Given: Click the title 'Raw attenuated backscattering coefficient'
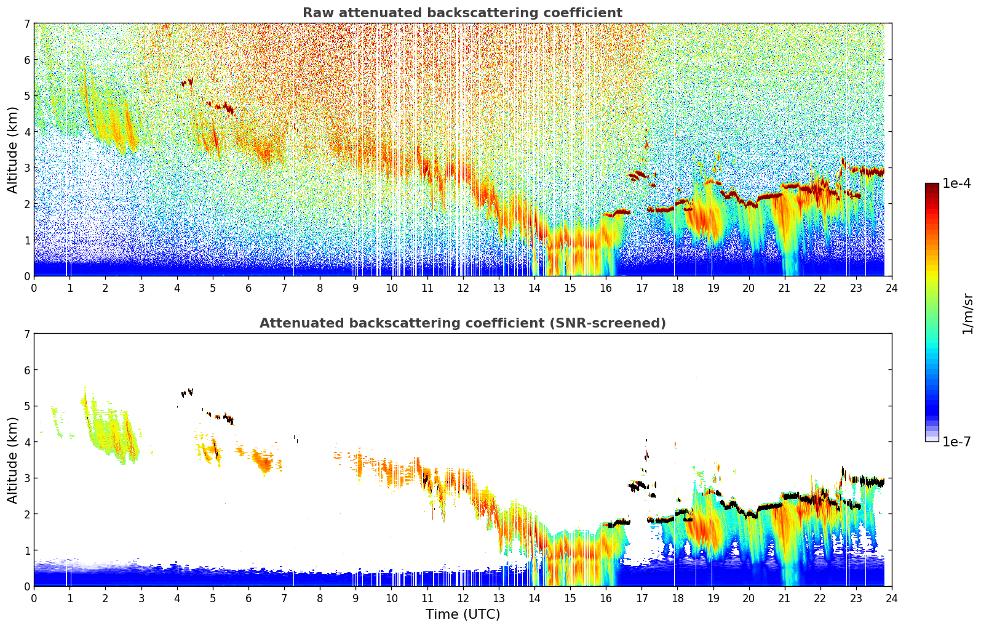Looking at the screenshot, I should click(462, 13).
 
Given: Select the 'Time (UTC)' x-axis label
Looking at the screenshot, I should click(463, 614).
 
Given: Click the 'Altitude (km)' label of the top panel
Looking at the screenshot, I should click(12, 150).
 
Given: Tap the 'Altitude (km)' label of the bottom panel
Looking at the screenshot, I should click(12, 460).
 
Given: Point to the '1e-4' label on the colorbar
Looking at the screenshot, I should click(956, 183).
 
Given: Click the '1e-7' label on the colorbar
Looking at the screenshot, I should click(956, 441).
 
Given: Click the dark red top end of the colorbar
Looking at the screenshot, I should click(932, 187).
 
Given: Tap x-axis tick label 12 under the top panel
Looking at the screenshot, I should click(463, 288).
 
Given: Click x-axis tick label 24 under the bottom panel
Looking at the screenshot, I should click(891, 598).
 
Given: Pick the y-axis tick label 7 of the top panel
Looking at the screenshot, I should click(26, 24).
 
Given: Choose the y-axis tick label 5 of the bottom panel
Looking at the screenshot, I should click(26, 406).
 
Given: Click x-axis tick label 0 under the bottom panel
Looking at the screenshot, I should click(34, 598).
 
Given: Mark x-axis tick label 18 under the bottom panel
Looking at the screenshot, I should click(677, 598).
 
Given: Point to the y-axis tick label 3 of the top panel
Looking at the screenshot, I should click(26, 168).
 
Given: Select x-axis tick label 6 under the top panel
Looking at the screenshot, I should click(248, 288).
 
